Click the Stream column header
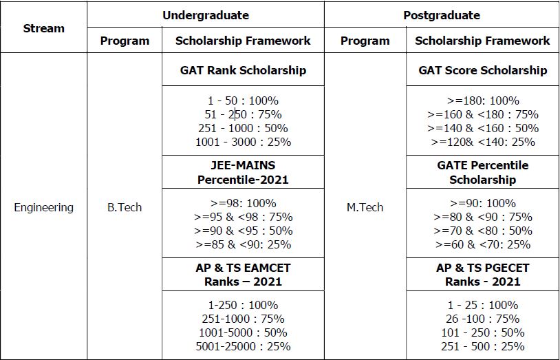[43, 28]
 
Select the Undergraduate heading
[205, 14]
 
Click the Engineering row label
[43, 207]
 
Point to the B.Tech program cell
[125, 207]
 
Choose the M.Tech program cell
[365, 207]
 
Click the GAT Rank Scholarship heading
[243, 70]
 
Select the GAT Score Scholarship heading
[482, 70]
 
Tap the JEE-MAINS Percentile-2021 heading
[243, 173]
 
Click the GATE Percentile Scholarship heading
[482, 173]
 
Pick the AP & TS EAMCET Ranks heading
[243, 275]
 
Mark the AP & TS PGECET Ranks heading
[482, 275]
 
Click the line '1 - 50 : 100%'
[243, 100]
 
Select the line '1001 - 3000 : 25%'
[243, 142]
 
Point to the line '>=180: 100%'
[482, 100]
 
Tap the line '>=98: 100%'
[243, 203]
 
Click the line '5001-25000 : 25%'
[243, 346]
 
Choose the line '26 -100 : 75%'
[482, 319]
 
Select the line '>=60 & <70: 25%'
[482, 244]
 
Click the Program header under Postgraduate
[365, 41]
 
